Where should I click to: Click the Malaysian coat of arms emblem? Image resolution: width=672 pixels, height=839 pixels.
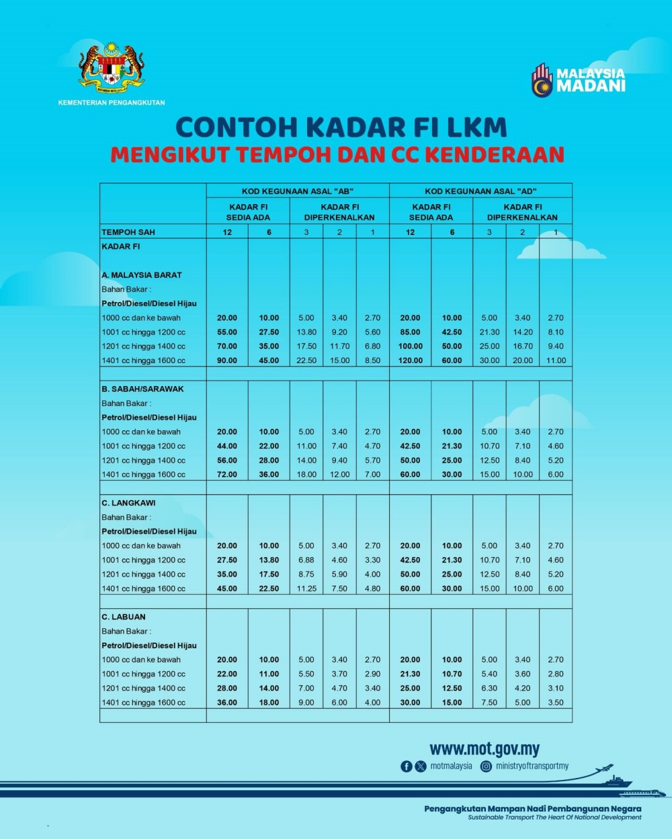click(x=112, y=68)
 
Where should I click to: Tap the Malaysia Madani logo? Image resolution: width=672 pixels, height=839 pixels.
click(x=579, y=80)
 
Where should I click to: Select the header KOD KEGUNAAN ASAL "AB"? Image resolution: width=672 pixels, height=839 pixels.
click(x=298, y=191)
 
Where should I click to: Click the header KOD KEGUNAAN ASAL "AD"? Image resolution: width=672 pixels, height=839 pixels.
click(x=480, y=191)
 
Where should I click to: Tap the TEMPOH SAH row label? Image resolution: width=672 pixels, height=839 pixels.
click(x=128, y=232)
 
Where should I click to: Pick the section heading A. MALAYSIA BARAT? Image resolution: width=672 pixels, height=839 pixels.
click(x=142, y=275)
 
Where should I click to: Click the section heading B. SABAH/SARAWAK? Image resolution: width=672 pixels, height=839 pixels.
click(x=142, y=389)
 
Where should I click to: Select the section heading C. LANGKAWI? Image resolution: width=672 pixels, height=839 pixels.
click(x=128, y=503)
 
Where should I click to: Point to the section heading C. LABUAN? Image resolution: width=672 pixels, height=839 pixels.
click(x=124, y=617)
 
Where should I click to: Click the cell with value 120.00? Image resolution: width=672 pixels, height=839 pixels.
click(x=410, y=360)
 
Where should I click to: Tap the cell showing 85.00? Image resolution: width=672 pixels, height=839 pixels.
click(x=410, y=332)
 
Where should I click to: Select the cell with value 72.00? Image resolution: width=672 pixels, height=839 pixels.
click(x=227, y=475)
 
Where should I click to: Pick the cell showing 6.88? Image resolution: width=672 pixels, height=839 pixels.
click(x=306, y=560)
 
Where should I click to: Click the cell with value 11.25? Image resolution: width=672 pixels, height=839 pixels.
click(x=306, y=589)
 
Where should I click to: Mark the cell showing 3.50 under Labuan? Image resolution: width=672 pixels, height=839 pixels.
click(x=556, y=703)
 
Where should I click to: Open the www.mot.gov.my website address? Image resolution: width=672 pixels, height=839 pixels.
click(x=485, y=749)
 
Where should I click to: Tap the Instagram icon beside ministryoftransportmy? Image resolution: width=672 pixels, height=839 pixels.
click(x=486, y=766)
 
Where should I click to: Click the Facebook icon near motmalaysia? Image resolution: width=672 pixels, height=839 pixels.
click(x=406, y=766)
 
